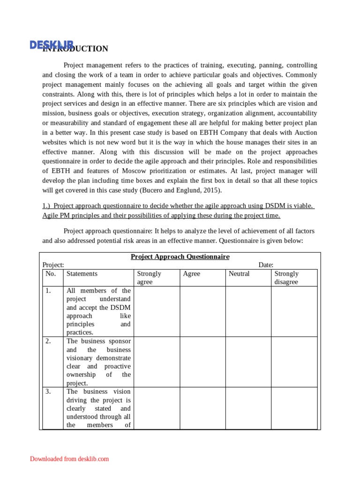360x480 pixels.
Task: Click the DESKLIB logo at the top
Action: pos(52,45)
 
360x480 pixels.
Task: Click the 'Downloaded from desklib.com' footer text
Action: pos(69,459)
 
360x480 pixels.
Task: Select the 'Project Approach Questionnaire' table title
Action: pos(180,257)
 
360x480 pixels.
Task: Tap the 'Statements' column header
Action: pos(82,274)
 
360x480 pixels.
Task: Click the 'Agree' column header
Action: pos(191,274)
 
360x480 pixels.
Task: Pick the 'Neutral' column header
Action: pos(239,274)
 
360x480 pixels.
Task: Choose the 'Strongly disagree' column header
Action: pos(286,277)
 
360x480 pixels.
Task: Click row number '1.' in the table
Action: pos(48,291)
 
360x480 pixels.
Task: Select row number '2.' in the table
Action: pos(48,341)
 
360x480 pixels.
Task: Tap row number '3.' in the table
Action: pos(48,391)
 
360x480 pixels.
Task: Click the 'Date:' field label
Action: pos(266,265)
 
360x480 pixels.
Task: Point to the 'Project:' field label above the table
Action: pos(53,265)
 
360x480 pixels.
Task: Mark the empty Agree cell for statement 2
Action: pos(202,362)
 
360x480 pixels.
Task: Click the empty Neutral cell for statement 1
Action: pos(248,311)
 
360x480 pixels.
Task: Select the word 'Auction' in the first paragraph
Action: pos(306,133)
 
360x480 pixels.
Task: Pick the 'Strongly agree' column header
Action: pos(149,277)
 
